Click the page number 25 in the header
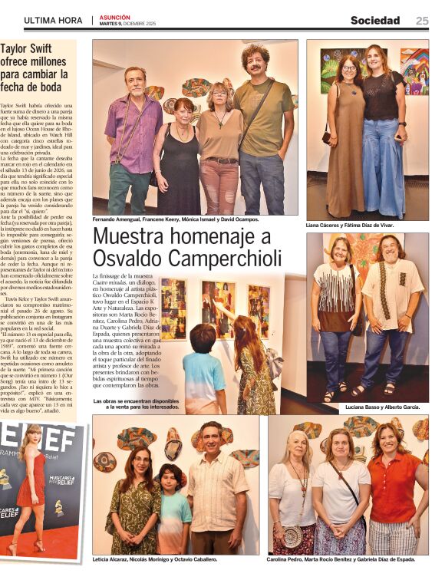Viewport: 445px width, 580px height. (x=422, y=21)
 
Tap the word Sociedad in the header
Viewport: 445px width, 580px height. (x=375, y=21)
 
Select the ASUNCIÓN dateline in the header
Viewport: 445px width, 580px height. (x=114, y=17)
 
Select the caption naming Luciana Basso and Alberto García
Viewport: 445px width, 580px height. (x=384, y=407)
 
